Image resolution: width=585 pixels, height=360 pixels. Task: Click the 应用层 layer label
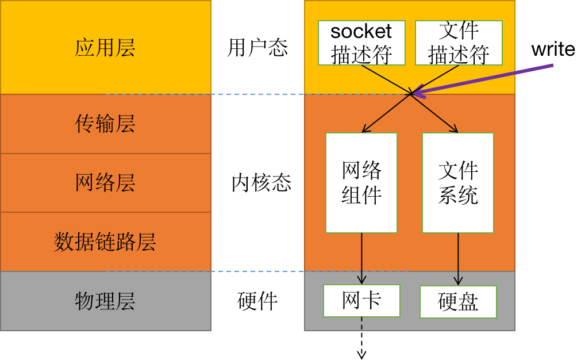click(x=105, y=48)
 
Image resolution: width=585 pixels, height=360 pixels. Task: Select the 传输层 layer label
click(x=105, y=124)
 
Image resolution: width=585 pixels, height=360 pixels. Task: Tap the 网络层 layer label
click(x=105, y=183)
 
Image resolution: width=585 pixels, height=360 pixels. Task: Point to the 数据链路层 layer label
click(x=105, y=242)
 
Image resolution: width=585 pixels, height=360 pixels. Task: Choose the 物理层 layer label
click(x=105, y=301)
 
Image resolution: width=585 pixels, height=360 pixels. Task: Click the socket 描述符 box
click(x=361, y=43)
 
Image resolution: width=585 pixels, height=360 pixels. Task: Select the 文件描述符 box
click(x=459, y=43)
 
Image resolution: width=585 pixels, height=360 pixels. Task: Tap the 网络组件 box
click(x=361, y=183)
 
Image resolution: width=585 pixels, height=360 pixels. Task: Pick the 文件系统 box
click(x=458, y=183)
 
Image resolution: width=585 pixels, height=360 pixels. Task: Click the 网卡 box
click(x=361, y=300)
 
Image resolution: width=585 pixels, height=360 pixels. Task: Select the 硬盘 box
click(x=458, y=302)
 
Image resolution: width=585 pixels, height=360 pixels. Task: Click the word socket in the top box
click(x=361, y=31)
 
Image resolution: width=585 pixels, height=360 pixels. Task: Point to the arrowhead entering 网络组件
click(x=364, y=131)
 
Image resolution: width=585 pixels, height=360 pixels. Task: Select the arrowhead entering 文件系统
click(x=456, y=131)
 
